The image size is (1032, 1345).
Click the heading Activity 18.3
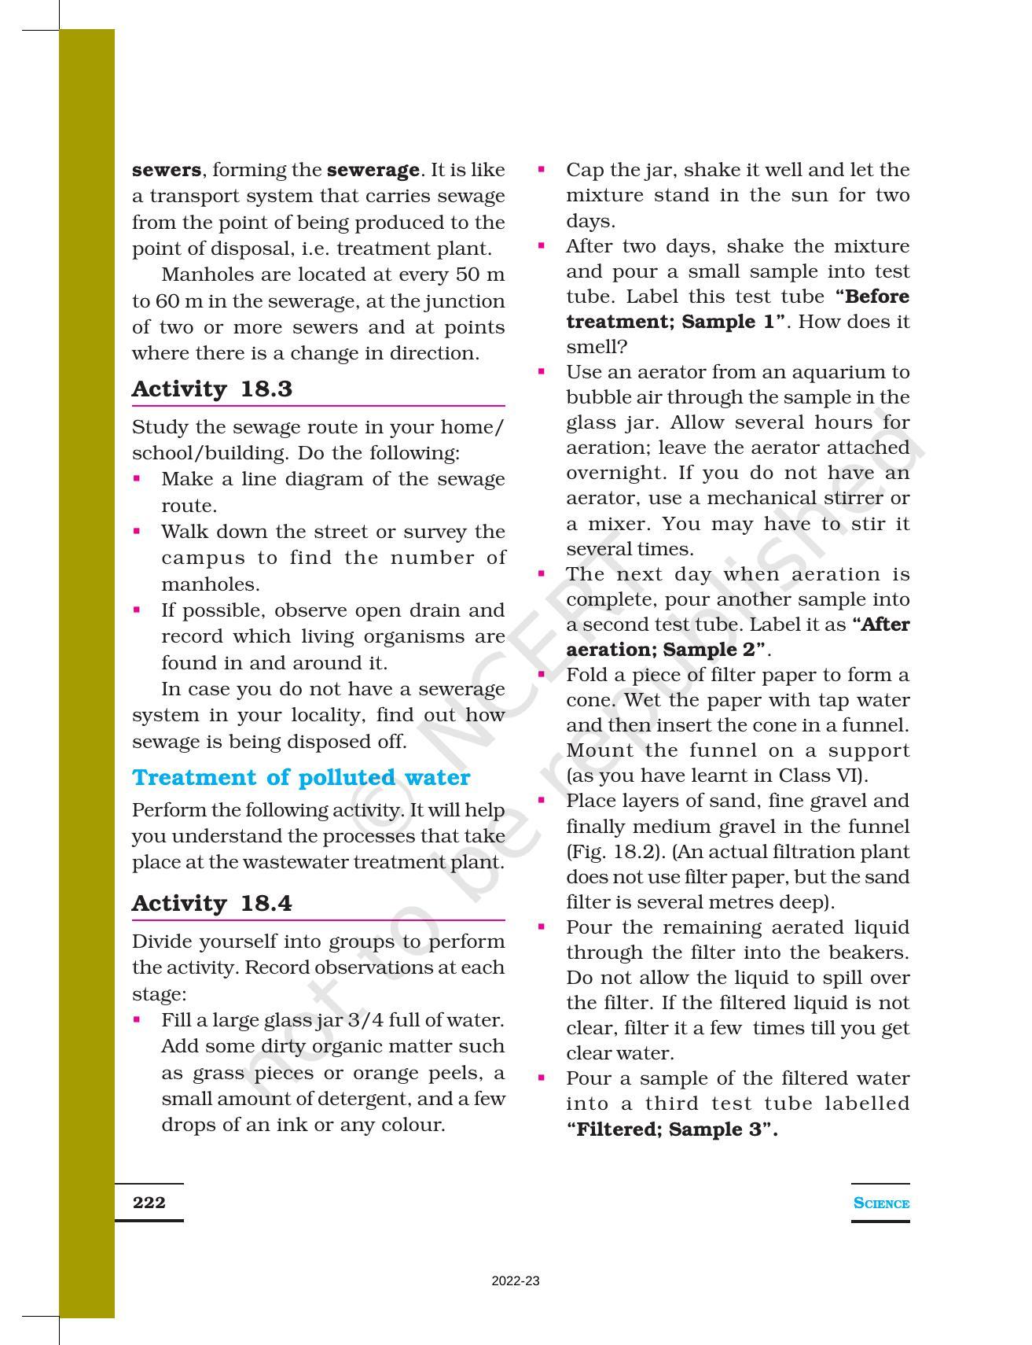click(211, 389)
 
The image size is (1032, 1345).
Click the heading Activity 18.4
click(211, 903)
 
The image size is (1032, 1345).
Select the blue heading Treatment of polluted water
click(300, 777)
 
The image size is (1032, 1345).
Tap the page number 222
click(149, 1202)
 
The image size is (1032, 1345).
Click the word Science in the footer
click(880, 1203)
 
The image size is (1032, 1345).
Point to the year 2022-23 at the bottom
click(515, 1281)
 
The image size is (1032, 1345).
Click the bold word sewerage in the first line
click(373, 170)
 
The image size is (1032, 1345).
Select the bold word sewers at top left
click(166, 170)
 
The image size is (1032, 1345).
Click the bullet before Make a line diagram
click(137, 477)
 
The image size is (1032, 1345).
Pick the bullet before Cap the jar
click(541, 168)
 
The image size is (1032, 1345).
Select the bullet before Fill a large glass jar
click(137, 1019)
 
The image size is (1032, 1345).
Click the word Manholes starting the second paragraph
click(200, 275)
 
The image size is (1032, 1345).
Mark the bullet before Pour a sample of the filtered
click(541, 1077)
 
